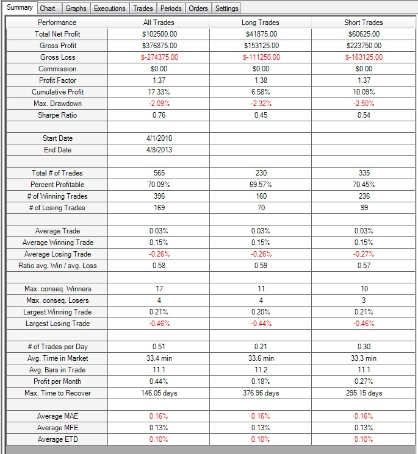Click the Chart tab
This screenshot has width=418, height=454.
tap(48, 9)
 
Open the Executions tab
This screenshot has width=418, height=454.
tap(109, 9)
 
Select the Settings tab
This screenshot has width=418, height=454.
tap(227, 9)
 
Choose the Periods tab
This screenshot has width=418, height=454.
tap(171, 9)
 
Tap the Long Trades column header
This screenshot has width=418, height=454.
tap(261, 23)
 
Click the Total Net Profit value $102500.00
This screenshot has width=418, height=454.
tap(159, 34)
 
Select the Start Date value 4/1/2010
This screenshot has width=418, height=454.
tap(159, 138)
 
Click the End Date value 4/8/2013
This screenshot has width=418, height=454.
tap(159, 150)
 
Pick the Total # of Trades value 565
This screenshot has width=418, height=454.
tap(159, 173)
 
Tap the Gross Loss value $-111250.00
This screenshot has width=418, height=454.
tap(261, 57)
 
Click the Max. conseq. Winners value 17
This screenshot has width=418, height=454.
tap(159, 289)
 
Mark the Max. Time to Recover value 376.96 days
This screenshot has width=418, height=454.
tap(261, 393)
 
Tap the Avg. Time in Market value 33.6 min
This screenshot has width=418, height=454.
tap(261, 358)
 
